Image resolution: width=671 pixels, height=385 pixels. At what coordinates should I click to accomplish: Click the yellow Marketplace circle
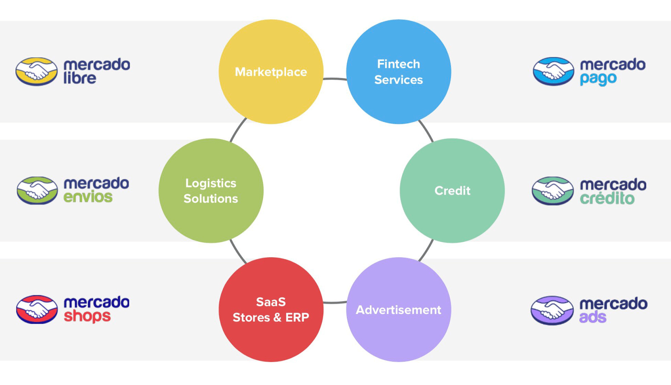click(x=271, y=72)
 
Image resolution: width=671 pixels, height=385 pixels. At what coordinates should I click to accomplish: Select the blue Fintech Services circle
click(x=398, y=72)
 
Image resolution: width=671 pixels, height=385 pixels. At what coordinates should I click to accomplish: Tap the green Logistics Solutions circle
click(x=211, y=191)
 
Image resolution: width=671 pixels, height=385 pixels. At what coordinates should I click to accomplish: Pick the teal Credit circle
click(x=452, y=191)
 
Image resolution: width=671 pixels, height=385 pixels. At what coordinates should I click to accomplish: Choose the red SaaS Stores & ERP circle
click(x=271, y=310)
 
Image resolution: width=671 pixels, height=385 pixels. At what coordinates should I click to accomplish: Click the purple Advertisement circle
click(x=398, y=310)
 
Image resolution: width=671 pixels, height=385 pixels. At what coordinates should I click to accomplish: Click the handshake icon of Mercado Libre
click(x=36, y=72)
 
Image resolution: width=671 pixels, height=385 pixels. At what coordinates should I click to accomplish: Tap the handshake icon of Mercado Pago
click(x=553, y=71)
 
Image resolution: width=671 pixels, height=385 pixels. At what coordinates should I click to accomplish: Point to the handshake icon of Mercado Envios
click(x=37, y=191)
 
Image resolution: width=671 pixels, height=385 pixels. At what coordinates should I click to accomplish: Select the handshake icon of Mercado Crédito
click(x=553, y=191)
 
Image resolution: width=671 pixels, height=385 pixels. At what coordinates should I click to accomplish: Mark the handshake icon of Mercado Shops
click(x=37, y=310)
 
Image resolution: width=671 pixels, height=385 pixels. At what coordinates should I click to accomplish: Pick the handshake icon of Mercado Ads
click(x=552, y=310)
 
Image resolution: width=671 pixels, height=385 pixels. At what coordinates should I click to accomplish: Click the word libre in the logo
click(x=80, y=78)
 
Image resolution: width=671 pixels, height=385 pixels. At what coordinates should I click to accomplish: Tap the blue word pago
click(x=598, y=79)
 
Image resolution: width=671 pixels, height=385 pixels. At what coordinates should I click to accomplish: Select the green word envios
click(x=88, y=197)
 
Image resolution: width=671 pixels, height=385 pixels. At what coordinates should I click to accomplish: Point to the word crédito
click(x=607, y=198)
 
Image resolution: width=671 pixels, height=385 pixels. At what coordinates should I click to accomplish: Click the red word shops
click(x=87, y=316)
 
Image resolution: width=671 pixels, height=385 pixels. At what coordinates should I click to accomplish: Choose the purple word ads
click(x=593, y=317)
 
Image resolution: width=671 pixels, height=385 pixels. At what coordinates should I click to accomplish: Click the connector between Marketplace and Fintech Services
click(x=335, y=79)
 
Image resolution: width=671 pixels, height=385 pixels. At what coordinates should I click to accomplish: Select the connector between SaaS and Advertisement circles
click(x=335, y=302)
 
